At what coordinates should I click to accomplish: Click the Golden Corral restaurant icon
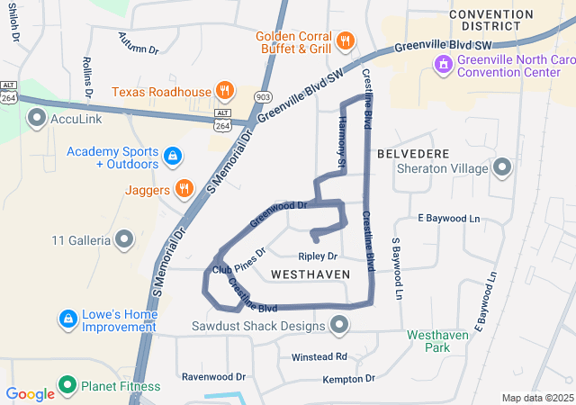tap(345, 40)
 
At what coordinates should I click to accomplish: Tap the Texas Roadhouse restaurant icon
tap(225, 91)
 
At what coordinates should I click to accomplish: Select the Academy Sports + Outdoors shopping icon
tap(173, 157)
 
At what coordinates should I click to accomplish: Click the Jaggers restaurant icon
tap(184, 189)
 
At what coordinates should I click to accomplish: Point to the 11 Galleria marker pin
tap(124, 239)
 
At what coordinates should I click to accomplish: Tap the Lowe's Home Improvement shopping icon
tap(67, 319)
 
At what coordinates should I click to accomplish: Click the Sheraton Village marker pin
tap(501, 167)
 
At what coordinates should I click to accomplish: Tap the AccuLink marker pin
tap(37, 118)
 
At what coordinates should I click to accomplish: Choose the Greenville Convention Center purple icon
tap(443, 64)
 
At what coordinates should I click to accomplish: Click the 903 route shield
tap(263, 95)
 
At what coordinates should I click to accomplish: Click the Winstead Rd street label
tap(319, 357)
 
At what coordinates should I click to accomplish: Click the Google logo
tap(30, 394)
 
